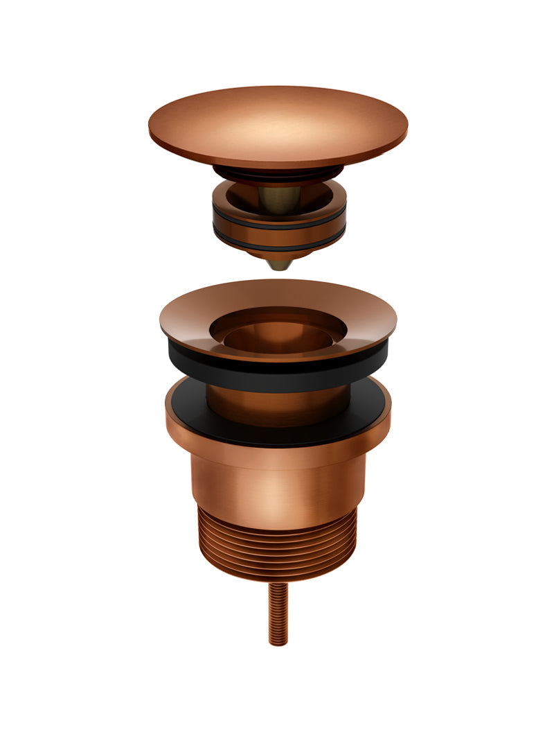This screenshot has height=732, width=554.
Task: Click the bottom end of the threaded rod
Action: (278, 642)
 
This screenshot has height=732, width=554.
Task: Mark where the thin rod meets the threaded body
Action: (278, 583)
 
